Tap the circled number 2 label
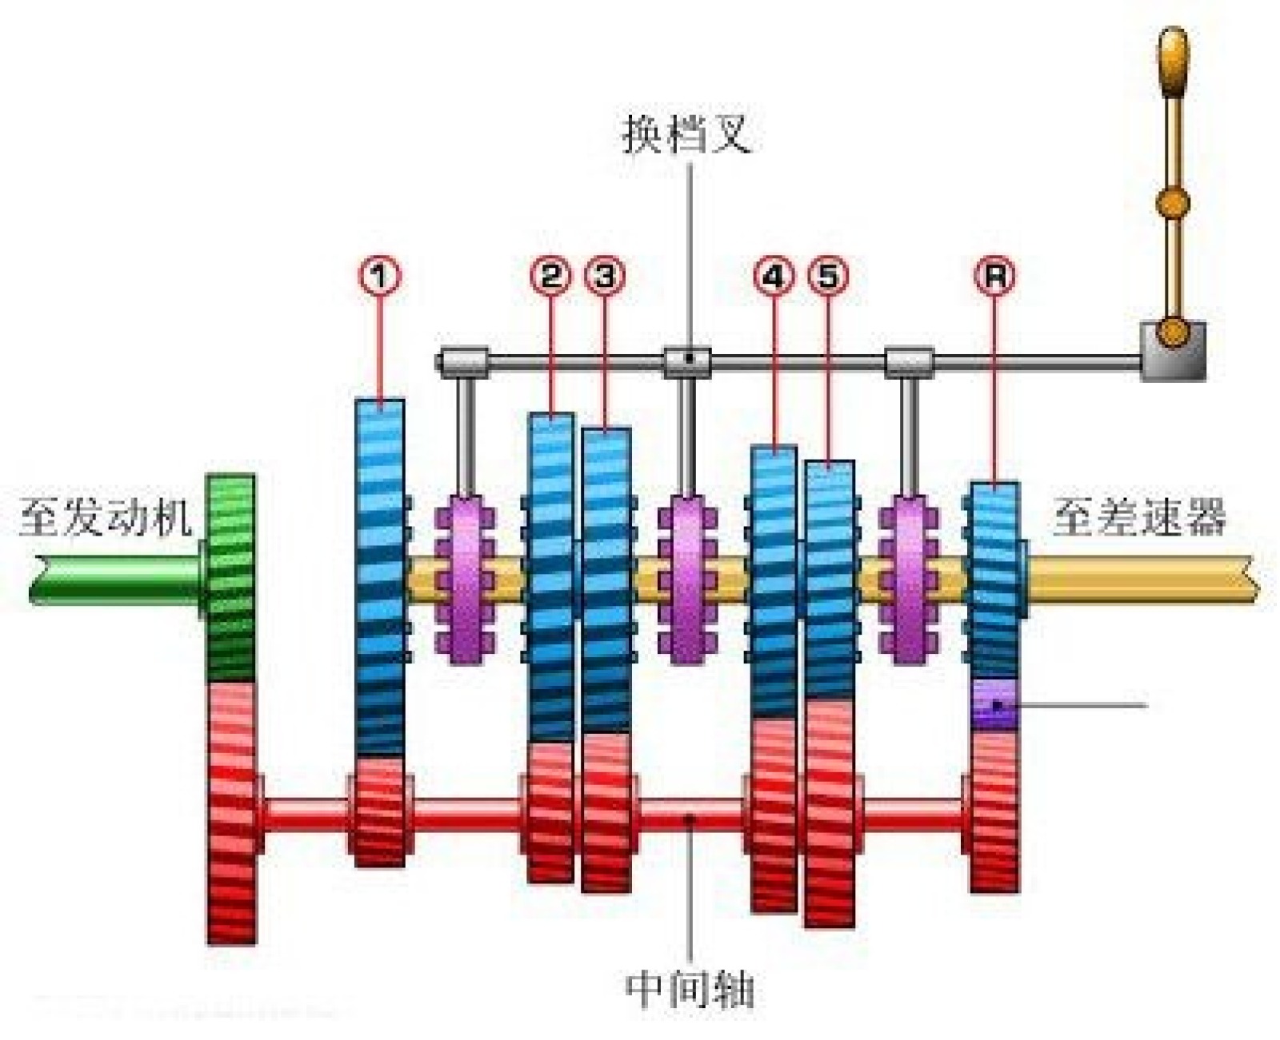[550, 276]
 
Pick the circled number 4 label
[774, 276]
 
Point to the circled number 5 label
[828, 276]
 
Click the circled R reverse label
[994, 276]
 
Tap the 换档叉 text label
[686, 133]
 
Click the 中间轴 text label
[689, 990]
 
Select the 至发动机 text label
[106, 517]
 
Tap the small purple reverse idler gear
[994, 703]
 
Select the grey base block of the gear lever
[1172, 352]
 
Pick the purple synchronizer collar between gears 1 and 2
[465, 580]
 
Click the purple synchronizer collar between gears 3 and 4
[686, 580]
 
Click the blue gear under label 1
[380, 576]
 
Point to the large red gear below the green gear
[232, 811]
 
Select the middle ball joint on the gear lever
[1173, 202]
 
